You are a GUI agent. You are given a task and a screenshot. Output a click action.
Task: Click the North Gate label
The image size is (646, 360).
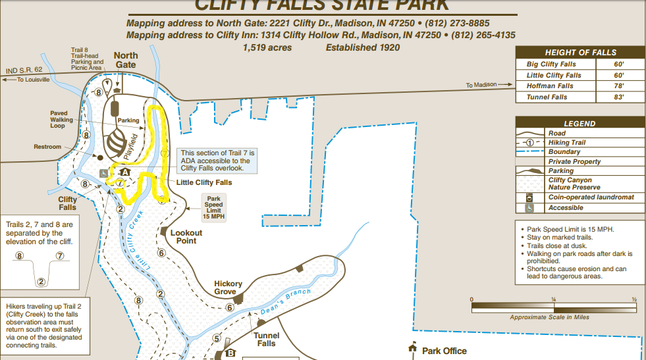125,60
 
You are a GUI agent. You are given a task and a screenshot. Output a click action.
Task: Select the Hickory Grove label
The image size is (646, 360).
228,288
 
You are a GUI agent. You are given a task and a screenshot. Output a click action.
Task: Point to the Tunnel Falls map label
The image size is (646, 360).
266,340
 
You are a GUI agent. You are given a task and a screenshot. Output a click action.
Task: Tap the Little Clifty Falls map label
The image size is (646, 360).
204,182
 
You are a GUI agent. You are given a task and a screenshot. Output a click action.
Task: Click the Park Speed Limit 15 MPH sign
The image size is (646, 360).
214,207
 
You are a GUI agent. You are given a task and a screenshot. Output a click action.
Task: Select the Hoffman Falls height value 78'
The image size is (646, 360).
618,86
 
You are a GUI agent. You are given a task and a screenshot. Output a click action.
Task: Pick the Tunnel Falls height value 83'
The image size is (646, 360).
618,97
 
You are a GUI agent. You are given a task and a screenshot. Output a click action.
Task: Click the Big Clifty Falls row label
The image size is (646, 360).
551,64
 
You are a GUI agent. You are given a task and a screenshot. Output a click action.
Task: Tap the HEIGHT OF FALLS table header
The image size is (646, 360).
580,53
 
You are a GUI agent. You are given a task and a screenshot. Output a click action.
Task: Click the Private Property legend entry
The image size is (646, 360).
574,161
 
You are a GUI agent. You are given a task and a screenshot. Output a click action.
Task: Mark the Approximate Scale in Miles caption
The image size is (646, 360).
550,317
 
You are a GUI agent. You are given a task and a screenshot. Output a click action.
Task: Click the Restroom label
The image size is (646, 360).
47,147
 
